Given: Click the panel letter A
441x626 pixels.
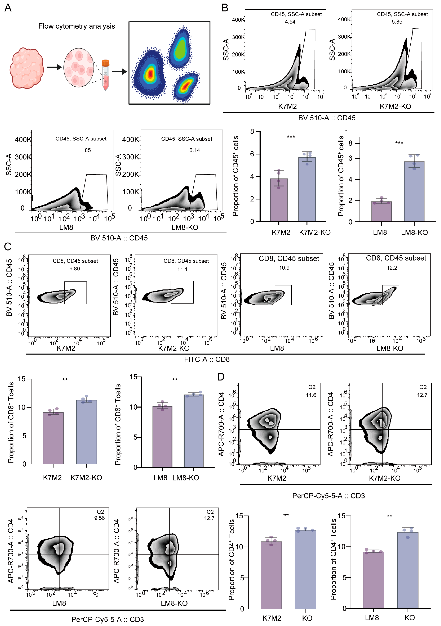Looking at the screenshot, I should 8,8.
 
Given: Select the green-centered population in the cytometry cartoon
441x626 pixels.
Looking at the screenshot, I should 180,49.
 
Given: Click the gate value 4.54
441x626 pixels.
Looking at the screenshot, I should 290,22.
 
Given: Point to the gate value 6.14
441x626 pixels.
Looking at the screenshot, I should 194,150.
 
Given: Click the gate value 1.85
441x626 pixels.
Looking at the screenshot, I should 85,150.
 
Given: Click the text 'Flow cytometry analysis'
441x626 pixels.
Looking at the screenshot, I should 77,26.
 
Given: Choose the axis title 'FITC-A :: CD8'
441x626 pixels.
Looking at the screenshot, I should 207,359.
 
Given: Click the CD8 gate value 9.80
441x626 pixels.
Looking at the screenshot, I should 74,269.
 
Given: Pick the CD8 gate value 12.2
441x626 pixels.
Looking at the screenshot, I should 392,268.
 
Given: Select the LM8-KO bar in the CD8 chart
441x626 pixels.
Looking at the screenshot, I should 193,431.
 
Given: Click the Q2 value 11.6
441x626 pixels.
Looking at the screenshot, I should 311,395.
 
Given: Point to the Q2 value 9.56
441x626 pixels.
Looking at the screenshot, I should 99,518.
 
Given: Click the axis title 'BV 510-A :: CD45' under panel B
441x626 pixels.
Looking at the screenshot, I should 327,118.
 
